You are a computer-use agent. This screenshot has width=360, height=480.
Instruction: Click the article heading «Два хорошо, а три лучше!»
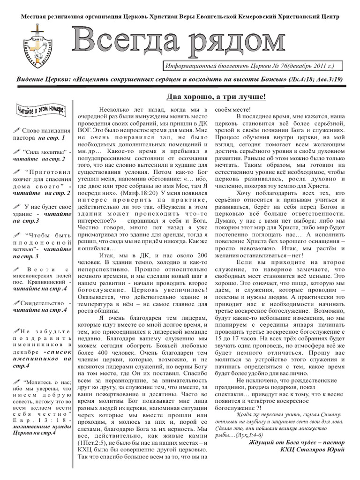216,97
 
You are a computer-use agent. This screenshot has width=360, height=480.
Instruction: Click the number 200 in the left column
200,255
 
